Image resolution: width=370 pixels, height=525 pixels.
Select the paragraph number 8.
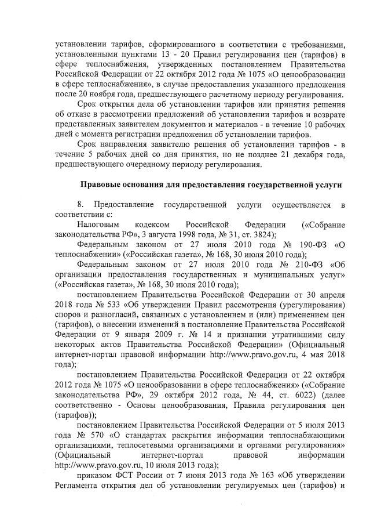80,205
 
